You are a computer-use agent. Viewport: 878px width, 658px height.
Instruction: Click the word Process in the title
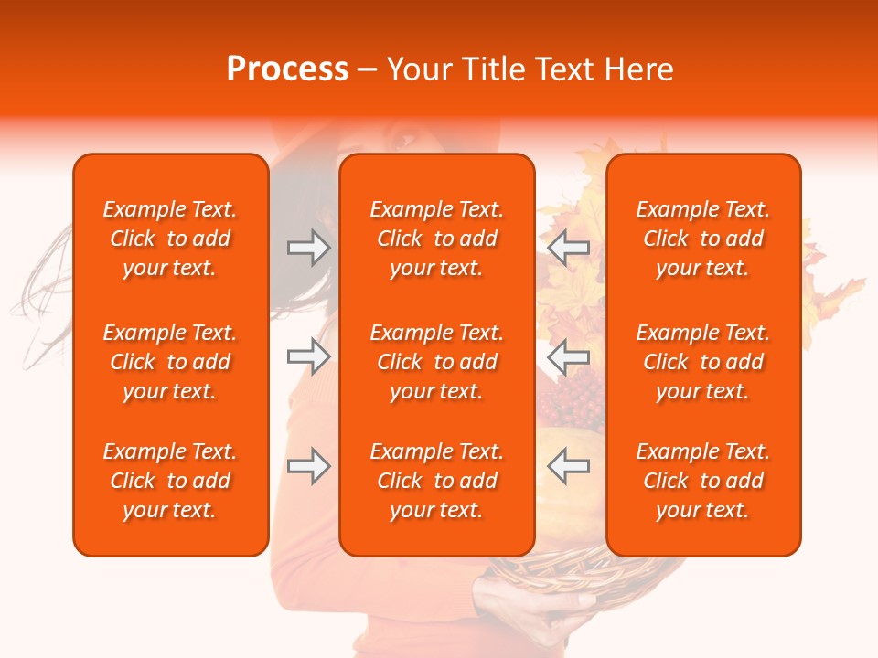287,69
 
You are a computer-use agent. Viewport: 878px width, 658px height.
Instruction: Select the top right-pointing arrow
308,248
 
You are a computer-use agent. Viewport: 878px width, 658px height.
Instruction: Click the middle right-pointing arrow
308,356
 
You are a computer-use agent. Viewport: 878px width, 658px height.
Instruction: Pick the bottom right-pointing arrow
308,466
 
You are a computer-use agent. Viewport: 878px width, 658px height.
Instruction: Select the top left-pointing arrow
568,248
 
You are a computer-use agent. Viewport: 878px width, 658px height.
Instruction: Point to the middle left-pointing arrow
568,356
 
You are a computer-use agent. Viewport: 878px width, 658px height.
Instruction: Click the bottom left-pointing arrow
568,466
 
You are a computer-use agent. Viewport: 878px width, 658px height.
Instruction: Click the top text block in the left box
170,239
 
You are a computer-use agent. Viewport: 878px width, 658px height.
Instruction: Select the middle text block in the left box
170,362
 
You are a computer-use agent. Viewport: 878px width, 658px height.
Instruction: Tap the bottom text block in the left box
170,481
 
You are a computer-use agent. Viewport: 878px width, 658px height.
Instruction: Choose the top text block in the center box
436,239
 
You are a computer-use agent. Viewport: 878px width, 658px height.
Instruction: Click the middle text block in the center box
436,362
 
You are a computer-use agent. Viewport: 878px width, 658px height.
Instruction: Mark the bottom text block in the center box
436,481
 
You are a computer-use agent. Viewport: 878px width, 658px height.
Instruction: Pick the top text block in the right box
702,239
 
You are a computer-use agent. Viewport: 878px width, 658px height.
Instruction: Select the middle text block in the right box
702,362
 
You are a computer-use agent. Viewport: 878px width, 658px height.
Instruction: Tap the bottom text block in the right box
702,481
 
